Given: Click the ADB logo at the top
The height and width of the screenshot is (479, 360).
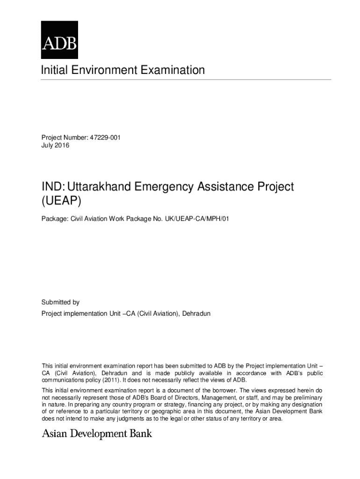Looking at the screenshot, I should pos(59,39).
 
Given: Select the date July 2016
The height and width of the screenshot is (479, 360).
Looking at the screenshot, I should pos(55,145).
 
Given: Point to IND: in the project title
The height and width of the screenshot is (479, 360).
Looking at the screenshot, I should pos(53,187).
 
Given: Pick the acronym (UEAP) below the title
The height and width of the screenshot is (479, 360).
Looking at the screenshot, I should pos(61,201).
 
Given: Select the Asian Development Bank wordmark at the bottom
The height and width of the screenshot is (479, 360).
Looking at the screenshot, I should pos(97,434).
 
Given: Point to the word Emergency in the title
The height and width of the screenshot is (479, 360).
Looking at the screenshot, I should pos(164,187).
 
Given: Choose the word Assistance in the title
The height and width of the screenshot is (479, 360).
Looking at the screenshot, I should pos(226,187).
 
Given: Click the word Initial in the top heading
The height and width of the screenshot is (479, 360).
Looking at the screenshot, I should pos(53,70).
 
